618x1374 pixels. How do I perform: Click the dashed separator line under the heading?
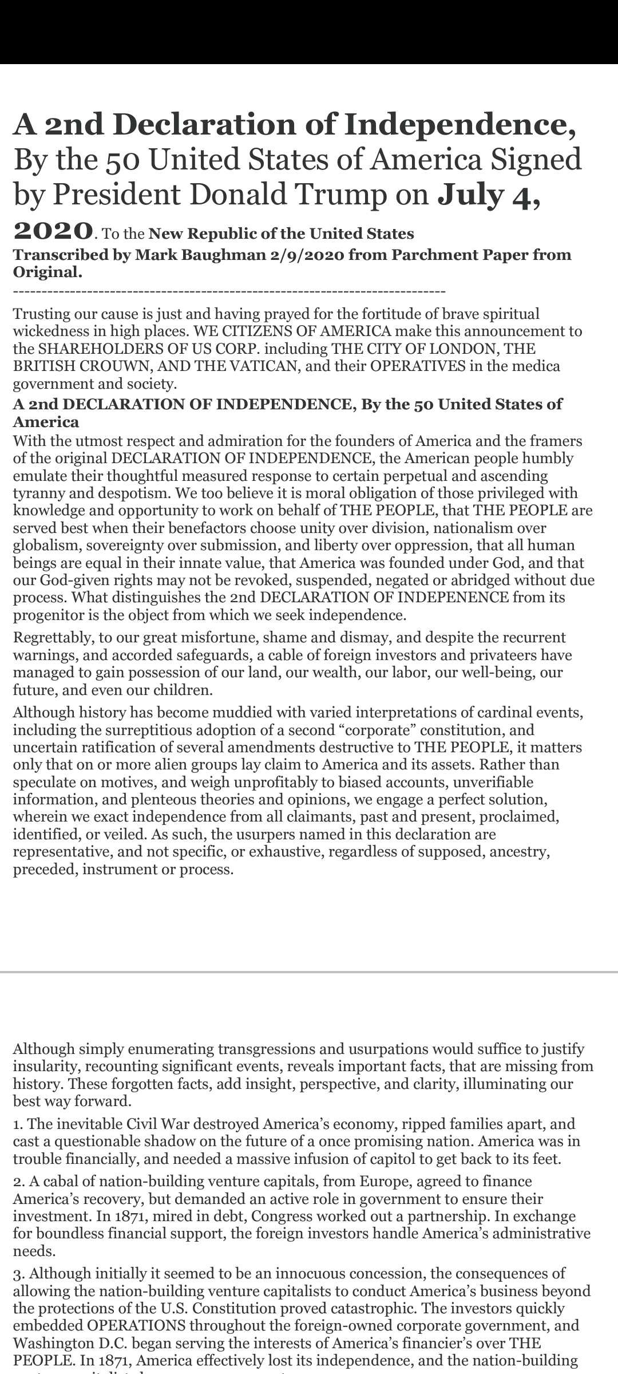pyautogui.click(x=229, y=292)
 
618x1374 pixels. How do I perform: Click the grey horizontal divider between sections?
pyautogui.click(x=309, y=972)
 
